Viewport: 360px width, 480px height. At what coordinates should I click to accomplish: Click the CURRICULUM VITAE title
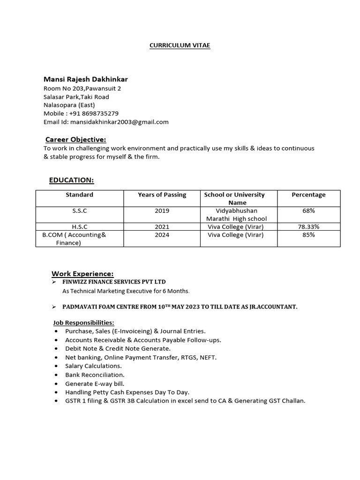tap(180, 45)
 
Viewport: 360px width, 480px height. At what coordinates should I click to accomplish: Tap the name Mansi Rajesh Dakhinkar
tap(85, 79)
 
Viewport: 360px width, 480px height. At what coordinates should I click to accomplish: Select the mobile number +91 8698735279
tap(94, 113)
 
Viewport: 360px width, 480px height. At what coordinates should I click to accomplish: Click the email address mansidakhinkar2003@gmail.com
tap(119, 122)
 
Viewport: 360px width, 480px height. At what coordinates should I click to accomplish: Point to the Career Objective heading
tap(75, 139)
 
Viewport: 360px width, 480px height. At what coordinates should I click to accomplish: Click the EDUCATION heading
tap(71, 180)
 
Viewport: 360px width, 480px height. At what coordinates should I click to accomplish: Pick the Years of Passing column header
tap(162, 195)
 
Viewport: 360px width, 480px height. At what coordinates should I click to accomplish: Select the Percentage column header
tap(308, 195)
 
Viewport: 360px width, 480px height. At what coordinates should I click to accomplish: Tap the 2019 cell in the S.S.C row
tap(162, 211)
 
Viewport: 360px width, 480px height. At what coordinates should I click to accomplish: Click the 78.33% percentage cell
tap(308, 227)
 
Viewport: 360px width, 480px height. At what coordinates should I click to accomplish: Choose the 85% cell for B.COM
tap(308, 235)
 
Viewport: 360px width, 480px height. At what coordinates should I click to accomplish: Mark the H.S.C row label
tap(79, 227)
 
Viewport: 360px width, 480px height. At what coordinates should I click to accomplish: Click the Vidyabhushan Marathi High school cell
tap(236, 215)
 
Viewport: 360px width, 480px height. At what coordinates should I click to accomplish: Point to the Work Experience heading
tap(82, 274)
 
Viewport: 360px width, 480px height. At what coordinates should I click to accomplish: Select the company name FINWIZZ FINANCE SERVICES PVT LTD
tap(114, 282)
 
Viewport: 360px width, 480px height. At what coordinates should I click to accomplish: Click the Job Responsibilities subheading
tap(83, 322)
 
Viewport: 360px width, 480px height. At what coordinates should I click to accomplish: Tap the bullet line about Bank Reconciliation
tap(95, 375)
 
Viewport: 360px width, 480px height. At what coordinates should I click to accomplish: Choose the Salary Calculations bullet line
tap(93, 366)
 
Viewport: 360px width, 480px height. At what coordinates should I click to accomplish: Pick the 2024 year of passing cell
tap(162, 235)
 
